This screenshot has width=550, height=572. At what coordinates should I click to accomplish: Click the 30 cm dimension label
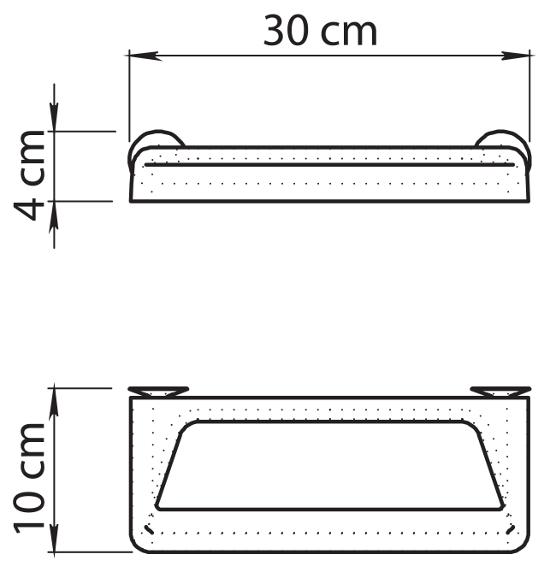click(x=320, y=31)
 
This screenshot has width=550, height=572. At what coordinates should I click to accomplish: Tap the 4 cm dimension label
click(x=30, y=175)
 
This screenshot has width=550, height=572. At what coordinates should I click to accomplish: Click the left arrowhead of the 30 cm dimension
click(x=144, y=56)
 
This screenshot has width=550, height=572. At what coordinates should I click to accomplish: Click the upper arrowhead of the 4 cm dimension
click(x=54, y=115)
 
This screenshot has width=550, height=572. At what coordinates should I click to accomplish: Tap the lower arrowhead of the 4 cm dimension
click(x=54, y=216)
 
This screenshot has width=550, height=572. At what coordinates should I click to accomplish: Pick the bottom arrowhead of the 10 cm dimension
click(x=54, y=537)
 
